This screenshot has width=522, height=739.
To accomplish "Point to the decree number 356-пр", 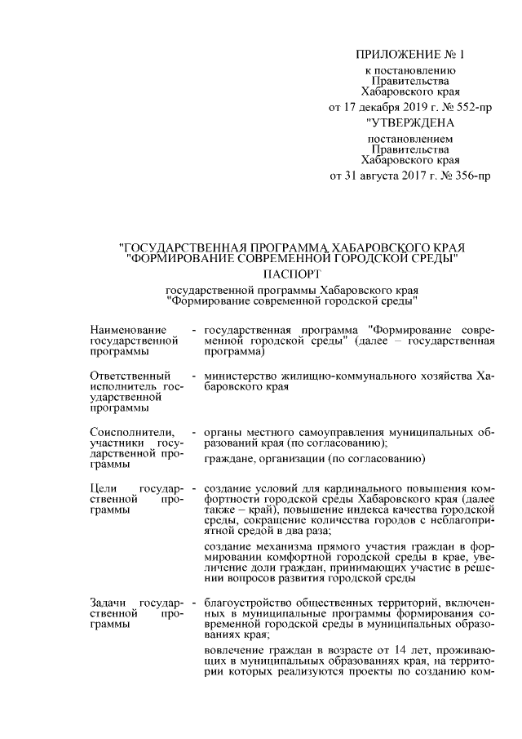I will (471, 175).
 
